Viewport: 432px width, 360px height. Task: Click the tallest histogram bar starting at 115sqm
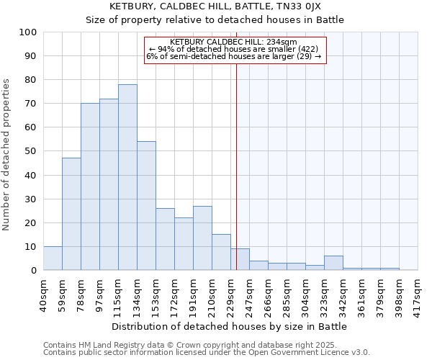[127, 177]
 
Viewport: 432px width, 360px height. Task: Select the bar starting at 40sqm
[53, 258]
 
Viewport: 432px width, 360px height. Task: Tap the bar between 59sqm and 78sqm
[71, 214]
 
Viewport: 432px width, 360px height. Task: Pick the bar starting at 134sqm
[146, 206]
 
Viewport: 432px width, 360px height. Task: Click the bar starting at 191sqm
[202, 238]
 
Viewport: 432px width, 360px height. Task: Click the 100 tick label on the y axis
[28, 32]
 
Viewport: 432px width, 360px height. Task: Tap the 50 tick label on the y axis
[31, 151]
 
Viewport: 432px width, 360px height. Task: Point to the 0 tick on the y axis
[34, 271]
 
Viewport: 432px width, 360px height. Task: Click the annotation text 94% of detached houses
[235, 49]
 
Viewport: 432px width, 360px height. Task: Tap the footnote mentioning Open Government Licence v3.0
[207, 353]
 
